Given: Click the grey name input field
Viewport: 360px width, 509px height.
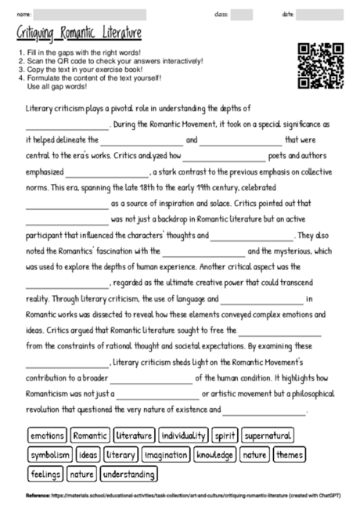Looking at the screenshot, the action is (x=90, y=14).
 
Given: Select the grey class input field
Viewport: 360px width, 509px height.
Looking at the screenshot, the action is (x=242, y=14).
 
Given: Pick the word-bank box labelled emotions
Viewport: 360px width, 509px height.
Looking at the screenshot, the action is (x=47, y=435).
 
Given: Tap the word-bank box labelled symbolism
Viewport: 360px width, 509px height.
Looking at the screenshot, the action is (x=50, y=454).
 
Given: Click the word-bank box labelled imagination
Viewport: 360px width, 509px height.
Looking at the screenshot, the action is (x=166, y=454).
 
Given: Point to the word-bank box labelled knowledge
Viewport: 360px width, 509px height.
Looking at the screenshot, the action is (x=214, y=454).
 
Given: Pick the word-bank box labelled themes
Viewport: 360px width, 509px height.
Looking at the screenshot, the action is (x=290, y=454).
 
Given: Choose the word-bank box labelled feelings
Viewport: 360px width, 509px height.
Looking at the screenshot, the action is (x=45, y=474).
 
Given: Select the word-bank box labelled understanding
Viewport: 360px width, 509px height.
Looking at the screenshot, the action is (x=128, y=474).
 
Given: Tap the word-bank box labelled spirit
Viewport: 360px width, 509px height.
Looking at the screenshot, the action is (x=225, y=435).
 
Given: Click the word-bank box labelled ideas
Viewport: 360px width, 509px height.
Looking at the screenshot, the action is (x=88, y=454).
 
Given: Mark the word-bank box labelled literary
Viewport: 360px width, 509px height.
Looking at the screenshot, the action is (x=120, y=454).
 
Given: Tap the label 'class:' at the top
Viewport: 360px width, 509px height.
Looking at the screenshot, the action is (x=221, y=14).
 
